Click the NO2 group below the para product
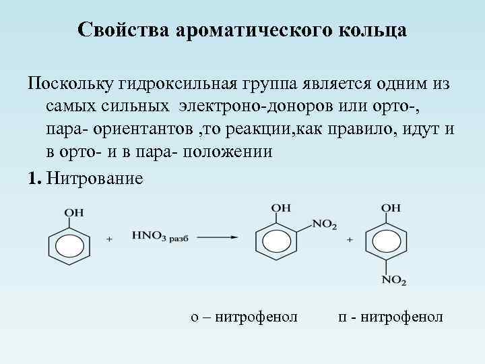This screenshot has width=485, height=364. [393, 280]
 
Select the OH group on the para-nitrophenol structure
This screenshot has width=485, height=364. [391, 208]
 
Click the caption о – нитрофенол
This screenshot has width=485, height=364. [244, 315]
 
